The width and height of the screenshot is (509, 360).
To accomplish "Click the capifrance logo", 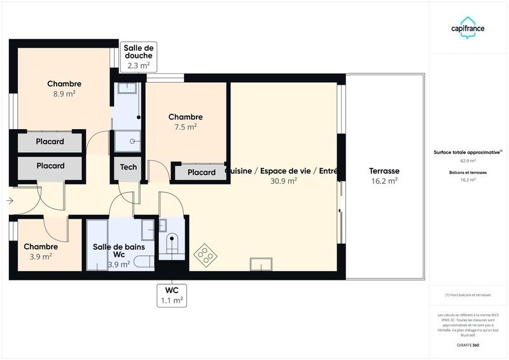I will [x=468, y=29].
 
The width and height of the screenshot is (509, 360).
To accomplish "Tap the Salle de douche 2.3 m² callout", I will [x=139, y=57].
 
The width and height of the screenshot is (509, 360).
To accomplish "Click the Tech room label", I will [x=129, y=167].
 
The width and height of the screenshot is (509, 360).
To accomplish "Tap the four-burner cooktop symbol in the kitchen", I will [x=205, y=255].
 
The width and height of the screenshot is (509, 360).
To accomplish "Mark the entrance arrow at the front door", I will [x=9, y=201].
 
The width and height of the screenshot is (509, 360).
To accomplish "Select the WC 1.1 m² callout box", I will [x=171, y=294].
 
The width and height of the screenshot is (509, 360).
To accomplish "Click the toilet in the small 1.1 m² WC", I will [x=171, y=244].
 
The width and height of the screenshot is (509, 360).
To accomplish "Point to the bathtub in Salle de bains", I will [x=97, y=245].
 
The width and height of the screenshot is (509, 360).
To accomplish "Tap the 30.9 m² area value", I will [x=284, y=181].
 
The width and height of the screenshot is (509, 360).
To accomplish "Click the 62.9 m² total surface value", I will [x=468, y=161].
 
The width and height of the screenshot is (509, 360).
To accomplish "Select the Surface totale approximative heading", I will [x=468, y=152].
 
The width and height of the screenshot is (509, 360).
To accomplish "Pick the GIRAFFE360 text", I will [x=468, y=345].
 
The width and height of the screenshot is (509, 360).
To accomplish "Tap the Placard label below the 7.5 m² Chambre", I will [x=201, y=172].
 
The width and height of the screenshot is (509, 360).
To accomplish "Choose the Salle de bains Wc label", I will [x=119, y=251].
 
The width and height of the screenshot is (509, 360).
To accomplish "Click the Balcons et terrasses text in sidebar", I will [x=468, y=172].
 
